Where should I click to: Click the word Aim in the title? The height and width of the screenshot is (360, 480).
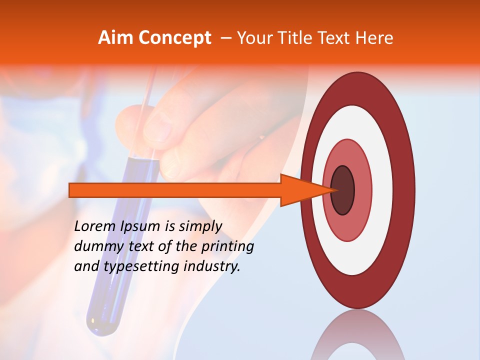116,38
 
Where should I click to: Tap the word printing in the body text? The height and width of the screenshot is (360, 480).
227,246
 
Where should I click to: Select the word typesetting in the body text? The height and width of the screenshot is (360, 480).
142,266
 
